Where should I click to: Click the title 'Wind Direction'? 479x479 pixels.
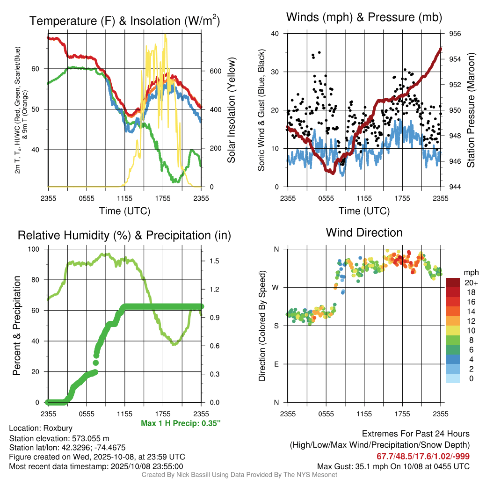364,232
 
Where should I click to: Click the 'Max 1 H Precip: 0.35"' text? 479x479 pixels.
181,423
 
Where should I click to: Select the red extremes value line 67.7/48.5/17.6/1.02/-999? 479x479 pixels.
423,456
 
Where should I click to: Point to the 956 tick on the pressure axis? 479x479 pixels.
456,34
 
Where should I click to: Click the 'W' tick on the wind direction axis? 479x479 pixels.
276,287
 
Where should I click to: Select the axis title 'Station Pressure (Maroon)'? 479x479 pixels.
471,110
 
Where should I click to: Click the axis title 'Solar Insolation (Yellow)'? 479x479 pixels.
231,110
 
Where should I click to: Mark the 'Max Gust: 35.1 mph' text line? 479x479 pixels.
393,466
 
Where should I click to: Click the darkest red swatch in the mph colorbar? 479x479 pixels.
452,283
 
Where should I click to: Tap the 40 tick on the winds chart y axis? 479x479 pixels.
275,34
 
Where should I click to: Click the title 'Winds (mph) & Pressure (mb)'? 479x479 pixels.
364,18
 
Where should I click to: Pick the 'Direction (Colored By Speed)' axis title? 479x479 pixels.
262,326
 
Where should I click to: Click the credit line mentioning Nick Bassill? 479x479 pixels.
239,474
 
